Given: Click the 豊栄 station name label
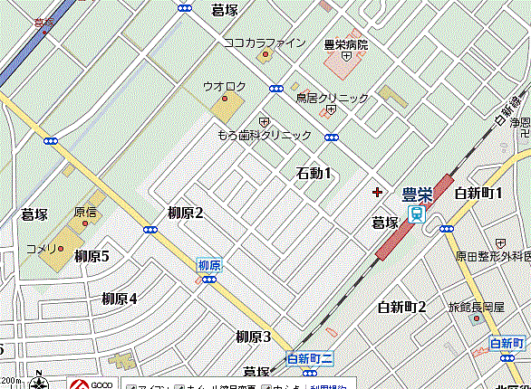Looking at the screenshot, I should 416,194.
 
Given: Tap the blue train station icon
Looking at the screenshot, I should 416,214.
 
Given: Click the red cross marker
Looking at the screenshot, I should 378,192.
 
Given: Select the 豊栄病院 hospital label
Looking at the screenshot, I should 346,44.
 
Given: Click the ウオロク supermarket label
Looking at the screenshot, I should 224,86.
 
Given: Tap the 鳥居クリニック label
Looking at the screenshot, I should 333,98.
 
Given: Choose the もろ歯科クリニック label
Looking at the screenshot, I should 264,135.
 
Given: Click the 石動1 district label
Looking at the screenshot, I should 314,173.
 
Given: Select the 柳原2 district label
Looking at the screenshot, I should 185,213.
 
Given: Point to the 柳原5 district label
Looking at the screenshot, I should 92,256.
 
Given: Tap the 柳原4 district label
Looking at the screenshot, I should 119,299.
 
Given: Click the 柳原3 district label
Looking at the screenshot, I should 254,337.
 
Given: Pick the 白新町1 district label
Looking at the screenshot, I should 478,192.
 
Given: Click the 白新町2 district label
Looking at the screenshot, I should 402,308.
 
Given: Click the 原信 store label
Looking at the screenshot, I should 85,212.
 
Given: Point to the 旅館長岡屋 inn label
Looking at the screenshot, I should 476,308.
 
